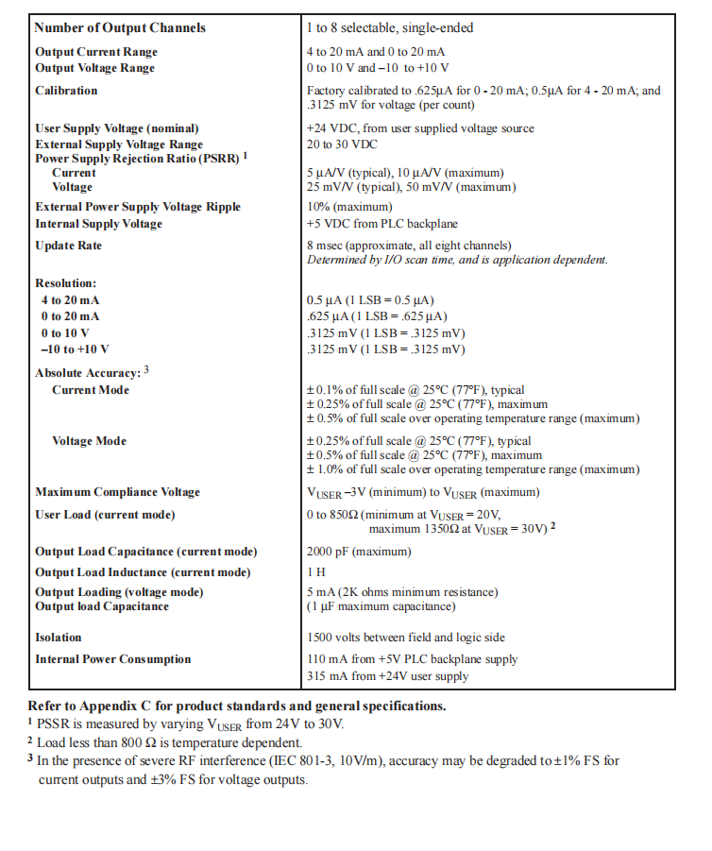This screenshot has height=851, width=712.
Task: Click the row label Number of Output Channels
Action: [x=120, y=27]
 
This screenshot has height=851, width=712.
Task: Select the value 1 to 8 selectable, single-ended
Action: [x=390, y=27]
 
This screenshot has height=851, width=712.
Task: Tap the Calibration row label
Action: [x=66, y=91]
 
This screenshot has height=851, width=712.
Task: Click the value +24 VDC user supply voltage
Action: [x=420, y=128]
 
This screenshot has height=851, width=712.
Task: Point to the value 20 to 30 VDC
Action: [x=342, y=145]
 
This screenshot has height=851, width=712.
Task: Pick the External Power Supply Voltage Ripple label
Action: [x=138, y=207]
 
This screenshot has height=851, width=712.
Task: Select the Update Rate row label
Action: [x=68, y=246]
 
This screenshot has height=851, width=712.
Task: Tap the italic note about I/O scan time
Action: [x=457, y=260]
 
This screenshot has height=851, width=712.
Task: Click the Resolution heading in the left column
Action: [x=66, y=283]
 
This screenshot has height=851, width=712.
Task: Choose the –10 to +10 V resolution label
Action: [x=76, y=349]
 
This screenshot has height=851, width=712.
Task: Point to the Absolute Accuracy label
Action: [x=88, y=373]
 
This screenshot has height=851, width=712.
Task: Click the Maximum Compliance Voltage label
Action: [x=117, y=492]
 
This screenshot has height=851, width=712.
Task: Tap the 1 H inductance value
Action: [x=315, y=572]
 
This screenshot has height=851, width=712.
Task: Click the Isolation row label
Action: [x=59, y=638]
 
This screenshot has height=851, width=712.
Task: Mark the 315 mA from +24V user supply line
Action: [x=387, y=675]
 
